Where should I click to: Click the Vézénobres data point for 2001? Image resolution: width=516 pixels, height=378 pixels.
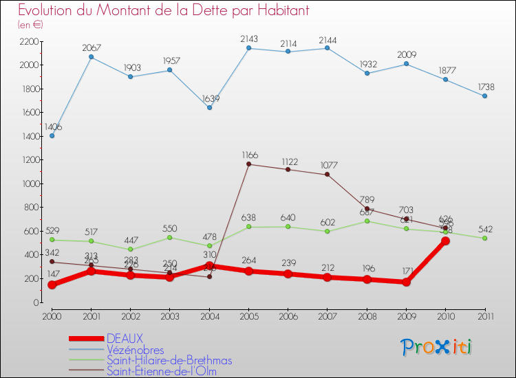tap(92, 57)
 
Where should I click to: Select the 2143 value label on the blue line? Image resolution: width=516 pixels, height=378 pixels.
tap(248, 38)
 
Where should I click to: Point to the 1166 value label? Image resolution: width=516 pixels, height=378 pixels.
tap(248, 155)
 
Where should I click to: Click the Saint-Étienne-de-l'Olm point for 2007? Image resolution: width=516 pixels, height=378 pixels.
tap(327, 175)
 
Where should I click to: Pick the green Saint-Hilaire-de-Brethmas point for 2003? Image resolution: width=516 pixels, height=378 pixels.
tap(170, 237)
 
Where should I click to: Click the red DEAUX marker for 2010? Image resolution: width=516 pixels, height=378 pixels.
tap(445, 241)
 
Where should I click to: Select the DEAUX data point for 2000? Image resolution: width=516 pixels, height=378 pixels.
tap(52, 285)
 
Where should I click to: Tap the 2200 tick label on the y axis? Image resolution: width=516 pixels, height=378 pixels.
tap(28, 41)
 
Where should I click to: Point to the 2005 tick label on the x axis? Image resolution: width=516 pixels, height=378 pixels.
tap(248, 315)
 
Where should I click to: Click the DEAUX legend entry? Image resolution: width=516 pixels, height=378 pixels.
tap(125, 338)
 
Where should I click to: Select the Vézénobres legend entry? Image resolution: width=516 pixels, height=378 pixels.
tap(136, 350)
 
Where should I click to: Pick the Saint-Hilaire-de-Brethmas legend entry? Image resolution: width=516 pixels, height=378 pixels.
tap(169, 361)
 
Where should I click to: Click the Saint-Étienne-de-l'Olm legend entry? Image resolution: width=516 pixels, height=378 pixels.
tap(166, 372)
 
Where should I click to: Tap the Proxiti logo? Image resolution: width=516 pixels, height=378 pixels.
tap(437, 347)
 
